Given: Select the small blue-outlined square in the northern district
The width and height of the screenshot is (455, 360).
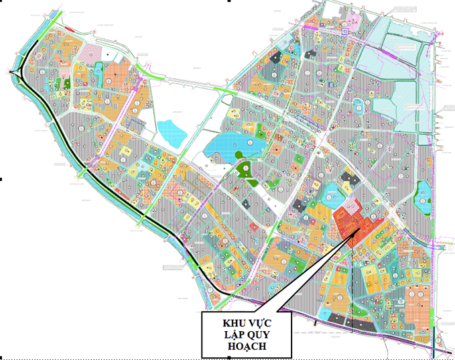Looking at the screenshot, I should coord(345,31).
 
